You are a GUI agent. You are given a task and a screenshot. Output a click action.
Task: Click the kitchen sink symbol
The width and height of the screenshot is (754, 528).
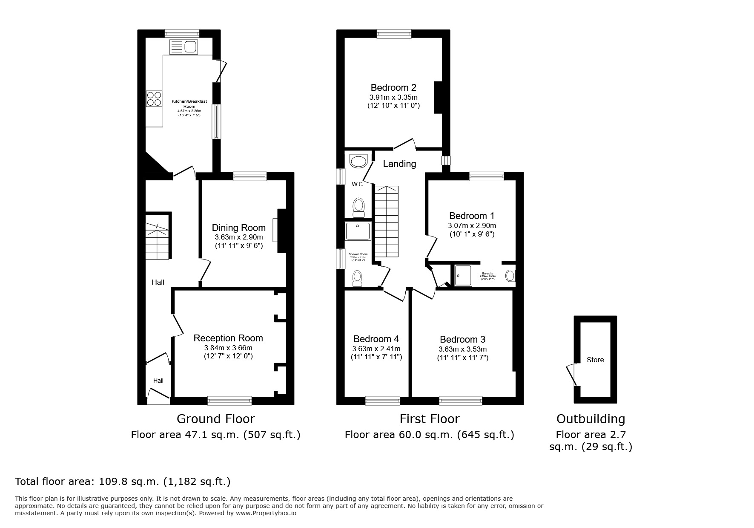click(183, 46)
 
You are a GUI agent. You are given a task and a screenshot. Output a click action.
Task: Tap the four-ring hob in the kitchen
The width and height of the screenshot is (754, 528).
click(154, 99)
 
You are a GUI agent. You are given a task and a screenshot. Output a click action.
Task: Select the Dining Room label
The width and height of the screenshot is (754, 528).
click(238, 228)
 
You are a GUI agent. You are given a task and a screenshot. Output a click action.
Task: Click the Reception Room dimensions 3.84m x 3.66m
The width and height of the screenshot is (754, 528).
click(228, 348)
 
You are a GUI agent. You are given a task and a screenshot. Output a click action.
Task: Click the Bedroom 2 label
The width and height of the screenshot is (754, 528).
click(390, 87)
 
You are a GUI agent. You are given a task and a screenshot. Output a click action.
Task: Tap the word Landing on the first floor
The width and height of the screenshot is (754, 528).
click(399, 164)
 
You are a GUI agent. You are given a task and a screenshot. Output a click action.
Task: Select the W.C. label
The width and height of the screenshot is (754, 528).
click(358, 184)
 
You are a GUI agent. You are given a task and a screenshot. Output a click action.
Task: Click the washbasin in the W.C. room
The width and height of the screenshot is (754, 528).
click(358, 162)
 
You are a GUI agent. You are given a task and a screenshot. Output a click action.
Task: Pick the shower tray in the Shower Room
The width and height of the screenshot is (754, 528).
click(358, 231)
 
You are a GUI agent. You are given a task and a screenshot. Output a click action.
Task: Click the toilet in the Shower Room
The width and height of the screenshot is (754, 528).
click(358, 278)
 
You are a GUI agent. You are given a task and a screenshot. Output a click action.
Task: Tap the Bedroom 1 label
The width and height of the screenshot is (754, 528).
click(472, 216)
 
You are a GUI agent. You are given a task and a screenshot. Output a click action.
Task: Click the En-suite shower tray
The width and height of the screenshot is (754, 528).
click(463, 276)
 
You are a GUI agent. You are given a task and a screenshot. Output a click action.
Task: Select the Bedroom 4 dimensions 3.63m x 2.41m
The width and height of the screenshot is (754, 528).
click(376, 349)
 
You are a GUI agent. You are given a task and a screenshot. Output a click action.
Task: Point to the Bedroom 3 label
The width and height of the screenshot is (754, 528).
click(462, 339)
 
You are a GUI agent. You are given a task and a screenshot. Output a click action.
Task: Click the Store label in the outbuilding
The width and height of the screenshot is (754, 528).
click(595, 360)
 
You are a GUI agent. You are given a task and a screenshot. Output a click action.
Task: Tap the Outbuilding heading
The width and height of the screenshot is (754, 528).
click(591, 419)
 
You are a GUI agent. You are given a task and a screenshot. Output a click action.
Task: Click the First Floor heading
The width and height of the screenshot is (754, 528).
click(429, 419)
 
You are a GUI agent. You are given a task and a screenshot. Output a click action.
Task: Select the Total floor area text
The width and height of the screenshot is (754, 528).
click(123, 482)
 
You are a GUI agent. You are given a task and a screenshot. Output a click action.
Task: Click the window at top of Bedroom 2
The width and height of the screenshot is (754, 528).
click(394, 34)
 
